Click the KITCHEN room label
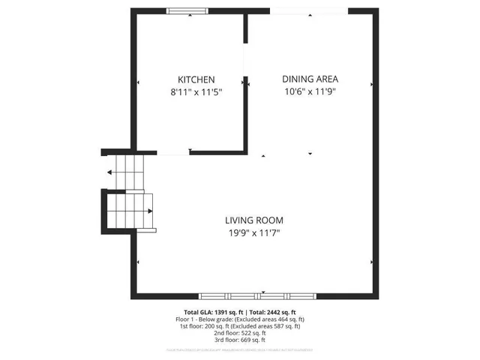click(196, 79)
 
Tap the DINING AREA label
click(310, 79)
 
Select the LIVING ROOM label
click(254, 220)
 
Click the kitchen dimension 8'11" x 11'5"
click(196, 93)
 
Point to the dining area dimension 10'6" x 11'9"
click(310, 92)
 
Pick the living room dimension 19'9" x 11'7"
click(254, 233)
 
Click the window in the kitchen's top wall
click(187, 10)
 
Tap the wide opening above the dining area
click(309, 10)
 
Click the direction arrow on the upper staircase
click(110, 172)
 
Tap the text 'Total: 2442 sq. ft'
click(272, 313)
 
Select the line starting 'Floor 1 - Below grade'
click(239, 319)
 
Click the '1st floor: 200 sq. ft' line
click(239, 326)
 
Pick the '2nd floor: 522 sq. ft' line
click(239, 333)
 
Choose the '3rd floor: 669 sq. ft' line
click(239, 340)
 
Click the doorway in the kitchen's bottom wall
click(172, 153)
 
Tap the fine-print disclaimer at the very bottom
click(239, 349)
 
